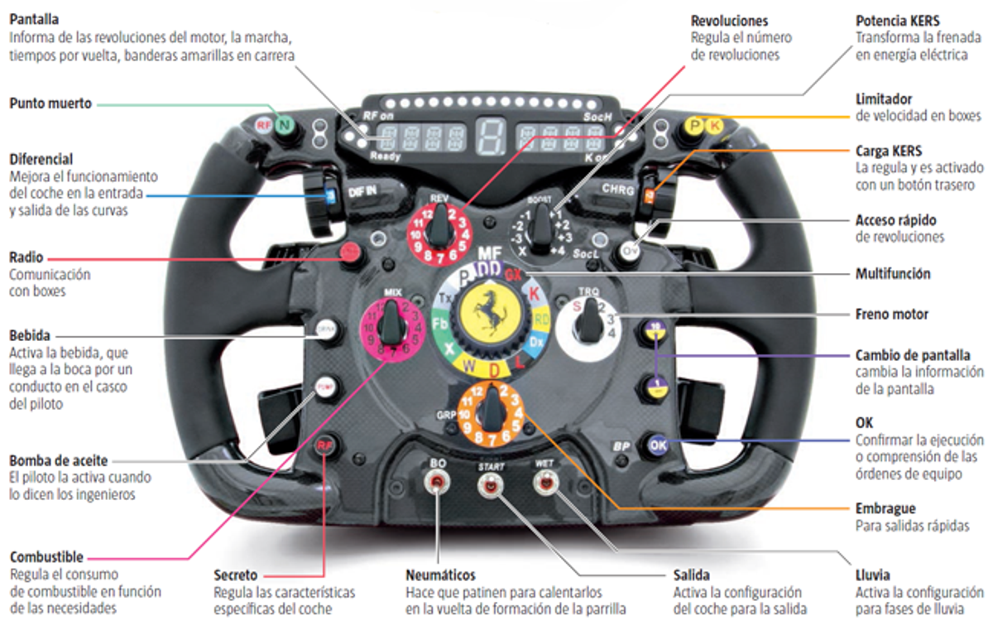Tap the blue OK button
658,445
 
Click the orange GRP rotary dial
494,411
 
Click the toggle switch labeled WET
544,484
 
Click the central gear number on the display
490,138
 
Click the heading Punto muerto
50,103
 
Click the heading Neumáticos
439,575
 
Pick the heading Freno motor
892,315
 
